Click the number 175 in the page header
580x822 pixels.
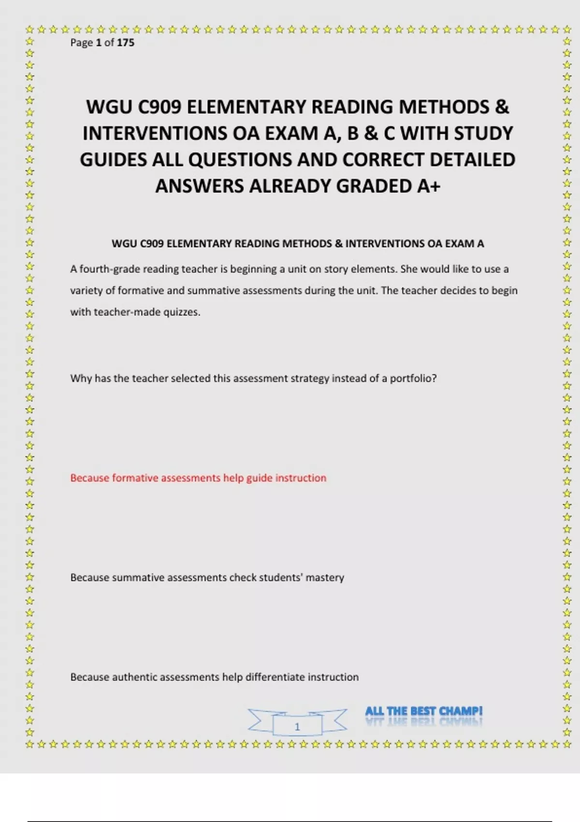pos(126,43)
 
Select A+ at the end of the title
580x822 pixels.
pos(428,186)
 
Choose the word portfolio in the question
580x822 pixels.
pos(413,378)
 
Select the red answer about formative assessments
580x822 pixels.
pos(198,478)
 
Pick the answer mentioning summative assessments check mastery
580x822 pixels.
pos(207,577)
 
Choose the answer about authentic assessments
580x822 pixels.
pos(214,677)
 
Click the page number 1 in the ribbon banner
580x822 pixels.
pos(297,726)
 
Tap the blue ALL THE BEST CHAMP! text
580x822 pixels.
pos(424,711)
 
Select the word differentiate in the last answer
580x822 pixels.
pos(275,677)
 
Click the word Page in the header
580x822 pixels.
pos(81,43)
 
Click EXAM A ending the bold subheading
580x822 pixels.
pos(464,244)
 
